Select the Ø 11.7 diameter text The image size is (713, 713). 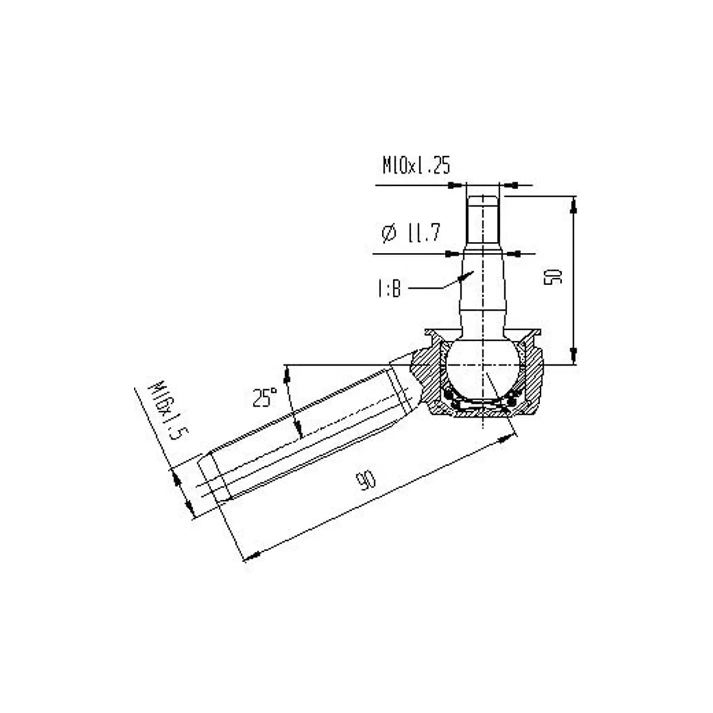click(410, 234)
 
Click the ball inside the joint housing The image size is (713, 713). click(482, 364)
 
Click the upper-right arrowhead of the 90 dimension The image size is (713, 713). click(510, 438)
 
